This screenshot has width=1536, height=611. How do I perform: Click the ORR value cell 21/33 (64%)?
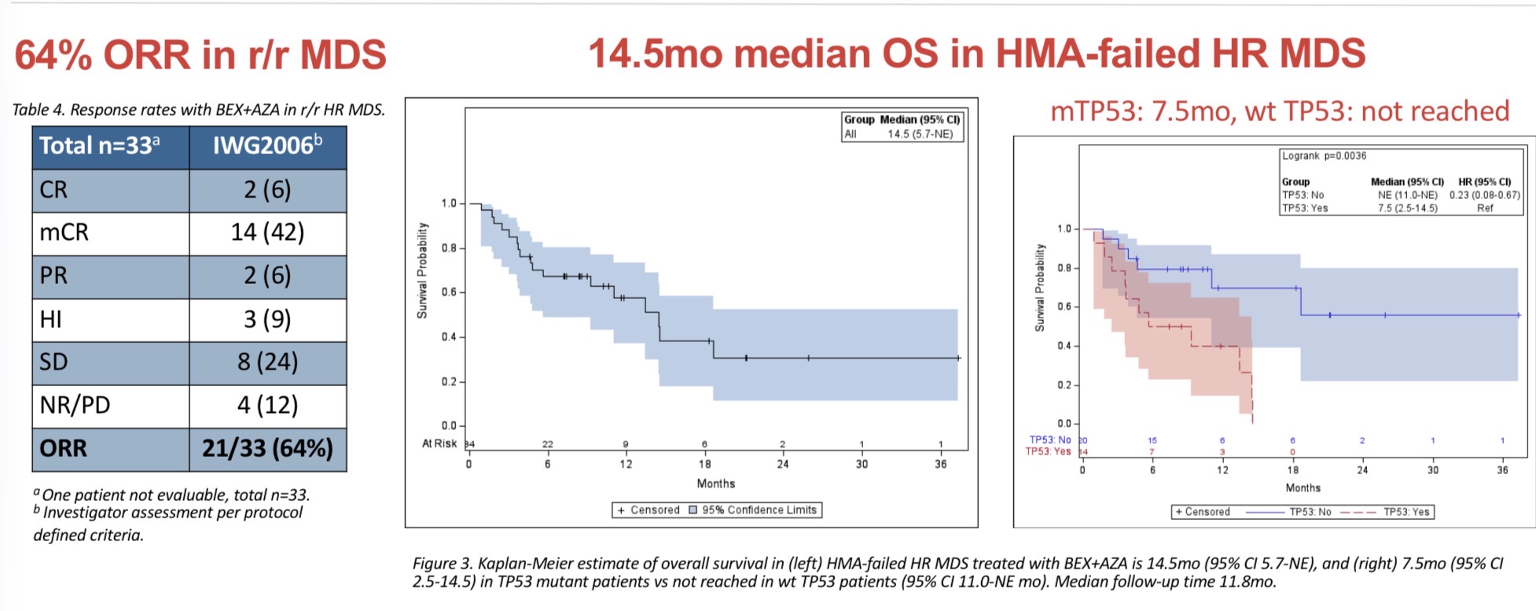coord(267,448)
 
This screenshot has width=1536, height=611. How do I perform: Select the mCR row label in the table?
coord(64,233)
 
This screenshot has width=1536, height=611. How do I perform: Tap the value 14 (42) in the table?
coord(267,233)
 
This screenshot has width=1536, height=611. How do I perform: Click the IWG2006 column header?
coord(267,145)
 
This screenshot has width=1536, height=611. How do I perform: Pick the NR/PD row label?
coord(75,405)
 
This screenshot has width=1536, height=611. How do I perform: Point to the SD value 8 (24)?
coord(267,362)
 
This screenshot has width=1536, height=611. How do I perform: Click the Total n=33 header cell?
coord(100,145)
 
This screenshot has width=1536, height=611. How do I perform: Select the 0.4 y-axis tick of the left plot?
coord(449,337)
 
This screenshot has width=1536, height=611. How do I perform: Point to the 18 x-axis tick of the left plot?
coord(705,464)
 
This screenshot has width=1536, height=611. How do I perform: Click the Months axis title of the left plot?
coord(716,484)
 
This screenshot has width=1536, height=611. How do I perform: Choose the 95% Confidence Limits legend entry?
coord(759,510)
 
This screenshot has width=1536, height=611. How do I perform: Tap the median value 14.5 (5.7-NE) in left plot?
coord(920,134)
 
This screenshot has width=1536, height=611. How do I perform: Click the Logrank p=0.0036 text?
coord(1325,156)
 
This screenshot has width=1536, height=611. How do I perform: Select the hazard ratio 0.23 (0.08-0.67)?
coord(1485,195)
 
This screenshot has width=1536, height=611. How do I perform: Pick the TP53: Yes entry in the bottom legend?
coord(1406,512)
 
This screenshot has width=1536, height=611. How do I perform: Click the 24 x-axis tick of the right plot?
coord(1362,470)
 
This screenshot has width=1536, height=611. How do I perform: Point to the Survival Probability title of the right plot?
coord(1040,287)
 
